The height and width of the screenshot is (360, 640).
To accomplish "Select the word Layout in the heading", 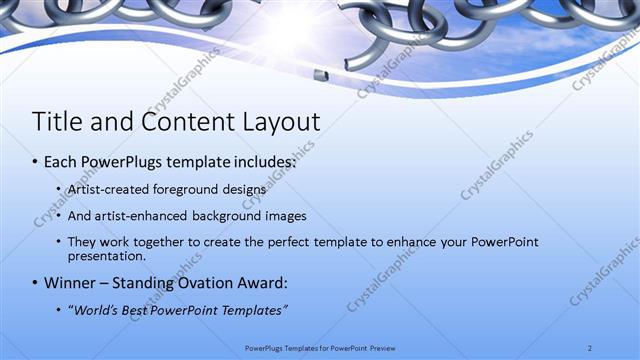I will click(281, 122).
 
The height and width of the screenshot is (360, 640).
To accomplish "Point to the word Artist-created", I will click(109, 189).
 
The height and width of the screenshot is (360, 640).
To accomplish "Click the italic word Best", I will click(139, 311).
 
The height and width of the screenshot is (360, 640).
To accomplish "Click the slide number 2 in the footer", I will click(590, 348).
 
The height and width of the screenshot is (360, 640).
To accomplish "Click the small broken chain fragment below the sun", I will click(320, 75).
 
